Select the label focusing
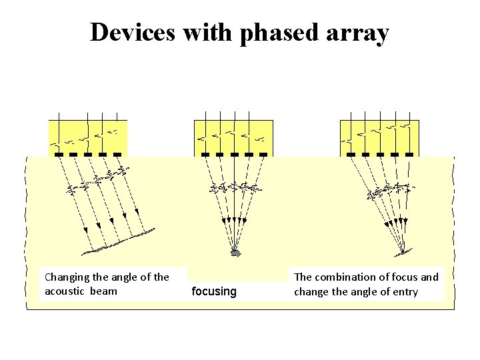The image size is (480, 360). [x=214, y=291]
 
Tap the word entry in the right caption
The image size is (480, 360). [x=403, y=291]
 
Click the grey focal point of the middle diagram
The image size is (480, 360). [x=235, y=253]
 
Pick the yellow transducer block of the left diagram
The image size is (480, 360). [x=87, y=137]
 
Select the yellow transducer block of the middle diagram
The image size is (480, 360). [x=233, y=137]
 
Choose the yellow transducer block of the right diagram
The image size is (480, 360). [x=379, y=137]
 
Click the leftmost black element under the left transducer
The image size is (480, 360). [x=59, y=155]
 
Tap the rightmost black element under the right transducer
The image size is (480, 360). [x=409, y=155]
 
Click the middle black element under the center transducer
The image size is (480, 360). [x=234, y=155]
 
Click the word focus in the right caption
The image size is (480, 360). [x=407, y=277]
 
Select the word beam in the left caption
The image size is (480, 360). [x=105, y=291]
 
